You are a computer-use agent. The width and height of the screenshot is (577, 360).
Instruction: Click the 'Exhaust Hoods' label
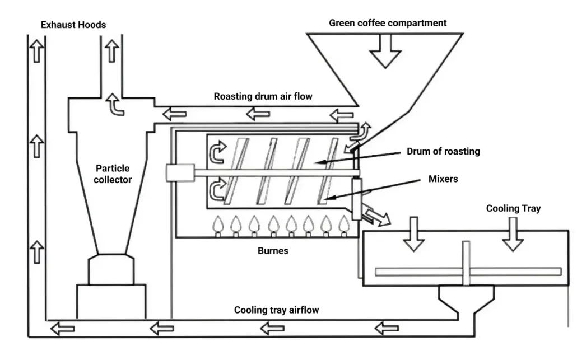point(73,25)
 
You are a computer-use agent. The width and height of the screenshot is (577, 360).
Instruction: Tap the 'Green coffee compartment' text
point(388,23)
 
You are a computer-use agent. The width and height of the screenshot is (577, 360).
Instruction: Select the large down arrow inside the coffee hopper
point(385,52)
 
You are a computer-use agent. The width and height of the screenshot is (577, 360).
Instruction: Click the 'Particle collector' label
point(113,174)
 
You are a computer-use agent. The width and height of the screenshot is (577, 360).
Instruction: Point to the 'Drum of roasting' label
point(444,152)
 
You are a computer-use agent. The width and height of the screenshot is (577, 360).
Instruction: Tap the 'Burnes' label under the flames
point(273,251)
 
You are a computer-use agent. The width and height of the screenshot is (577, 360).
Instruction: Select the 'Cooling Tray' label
point(513,208)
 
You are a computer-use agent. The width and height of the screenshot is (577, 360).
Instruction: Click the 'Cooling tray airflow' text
point(277,310)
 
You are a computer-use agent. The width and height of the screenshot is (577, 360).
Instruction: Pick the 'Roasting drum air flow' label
point(263,96)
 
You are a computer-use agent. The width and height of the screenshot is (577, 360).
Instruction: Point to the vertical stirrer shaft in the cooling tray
point(466,263)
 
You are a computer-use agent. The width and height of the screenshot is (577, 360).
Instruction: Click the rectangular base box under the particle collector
point(111,302)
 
